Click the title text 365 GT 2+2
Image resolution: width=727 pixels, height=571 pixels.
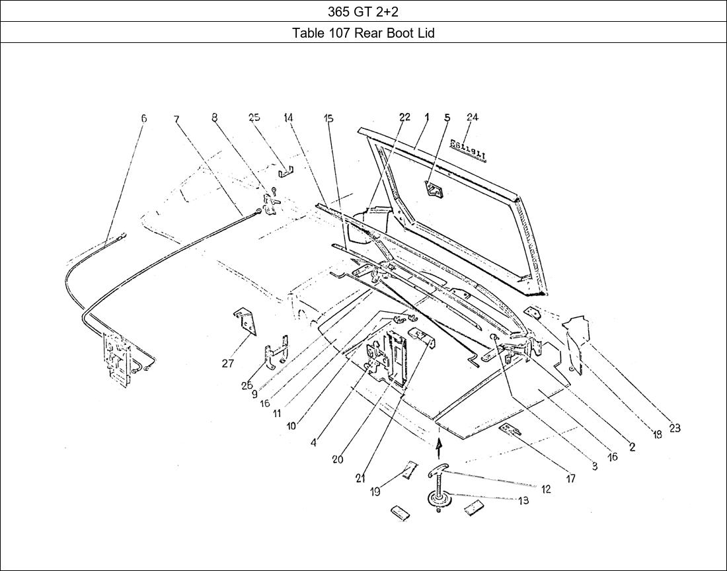[x=363, y=11]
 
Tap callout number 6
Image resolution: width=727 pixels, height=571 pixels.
[x=143, y=119]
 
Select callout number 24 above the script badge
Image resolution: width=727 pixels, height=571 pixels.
[x=472, y=118]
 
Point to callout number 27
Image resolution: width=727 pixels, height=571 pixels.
[x=227, y=363]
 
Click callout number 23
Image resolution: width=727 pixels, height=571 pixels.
[x=674, y=428]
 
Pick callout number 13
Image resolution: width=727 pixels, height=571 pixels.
[x=523, y=501]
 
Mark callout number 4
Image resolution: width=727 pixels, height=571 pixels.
[x=313, y=443]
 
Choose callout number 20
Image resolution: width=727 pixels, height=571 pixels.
[x=337, y=459]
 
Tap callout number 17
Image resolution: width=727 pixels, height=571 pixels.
[x=570, y=478]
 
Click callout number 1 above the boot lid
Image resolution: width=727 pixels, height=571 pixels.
[x=427, y=118]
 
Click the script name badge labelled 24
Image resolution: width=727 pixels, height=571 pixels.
[x=468, y=149]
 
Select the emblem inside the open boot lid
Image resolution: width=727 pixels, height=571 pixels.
[x=434, y=190]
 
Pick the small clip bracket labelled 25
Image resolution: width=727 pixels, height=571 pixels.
[x=286, y=173]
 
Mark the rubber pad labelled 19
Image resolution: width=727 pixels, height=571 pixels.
[x=408, y=471]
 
